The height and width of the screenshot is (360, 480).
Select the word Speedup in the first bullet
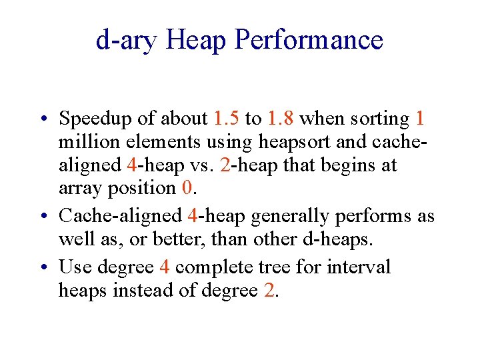pos(100,119)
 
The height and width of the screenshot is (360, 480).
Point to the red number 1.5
pos(227,119)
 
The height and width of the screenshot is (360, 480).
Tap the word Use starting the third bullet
pos(75,267)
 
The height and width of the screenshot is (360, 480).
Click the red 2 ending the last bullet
pos(268,290)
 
